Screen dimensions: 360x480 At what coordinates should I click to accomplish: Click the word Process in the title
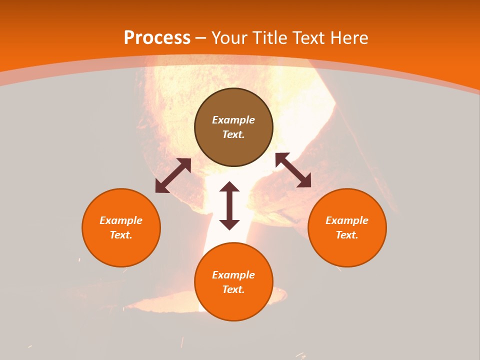point(157,38)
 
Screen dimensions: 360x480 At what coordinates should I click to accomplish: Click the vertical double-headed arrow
point(229,206)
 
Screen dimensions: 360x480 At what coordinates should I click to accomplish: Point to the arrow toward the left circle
point(173,175)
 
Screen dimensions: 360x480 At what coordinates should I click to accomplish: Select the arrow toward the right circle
point(293,170)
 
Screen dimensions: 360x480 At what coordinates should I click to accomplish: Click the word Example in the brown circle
point(233,120)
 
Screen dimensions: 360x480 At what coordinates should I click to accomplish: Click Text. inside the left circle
point(121,235)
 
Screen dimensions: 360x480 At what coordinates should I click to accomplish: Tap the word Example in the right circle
point(347,220)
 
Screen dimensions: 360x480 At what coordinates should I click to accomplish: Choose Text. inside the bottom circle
point(233,289)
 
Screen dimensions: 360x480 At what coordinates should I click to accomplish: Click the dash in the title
point(201,38)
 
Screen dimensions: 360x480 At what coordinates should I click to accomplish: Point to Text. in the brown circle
point(233,134)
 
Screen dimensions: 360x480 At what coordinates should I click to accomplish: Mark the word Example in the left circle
point(121,220)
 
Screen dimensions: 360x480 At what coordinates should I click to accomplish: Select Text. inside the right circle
point(347,235)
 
